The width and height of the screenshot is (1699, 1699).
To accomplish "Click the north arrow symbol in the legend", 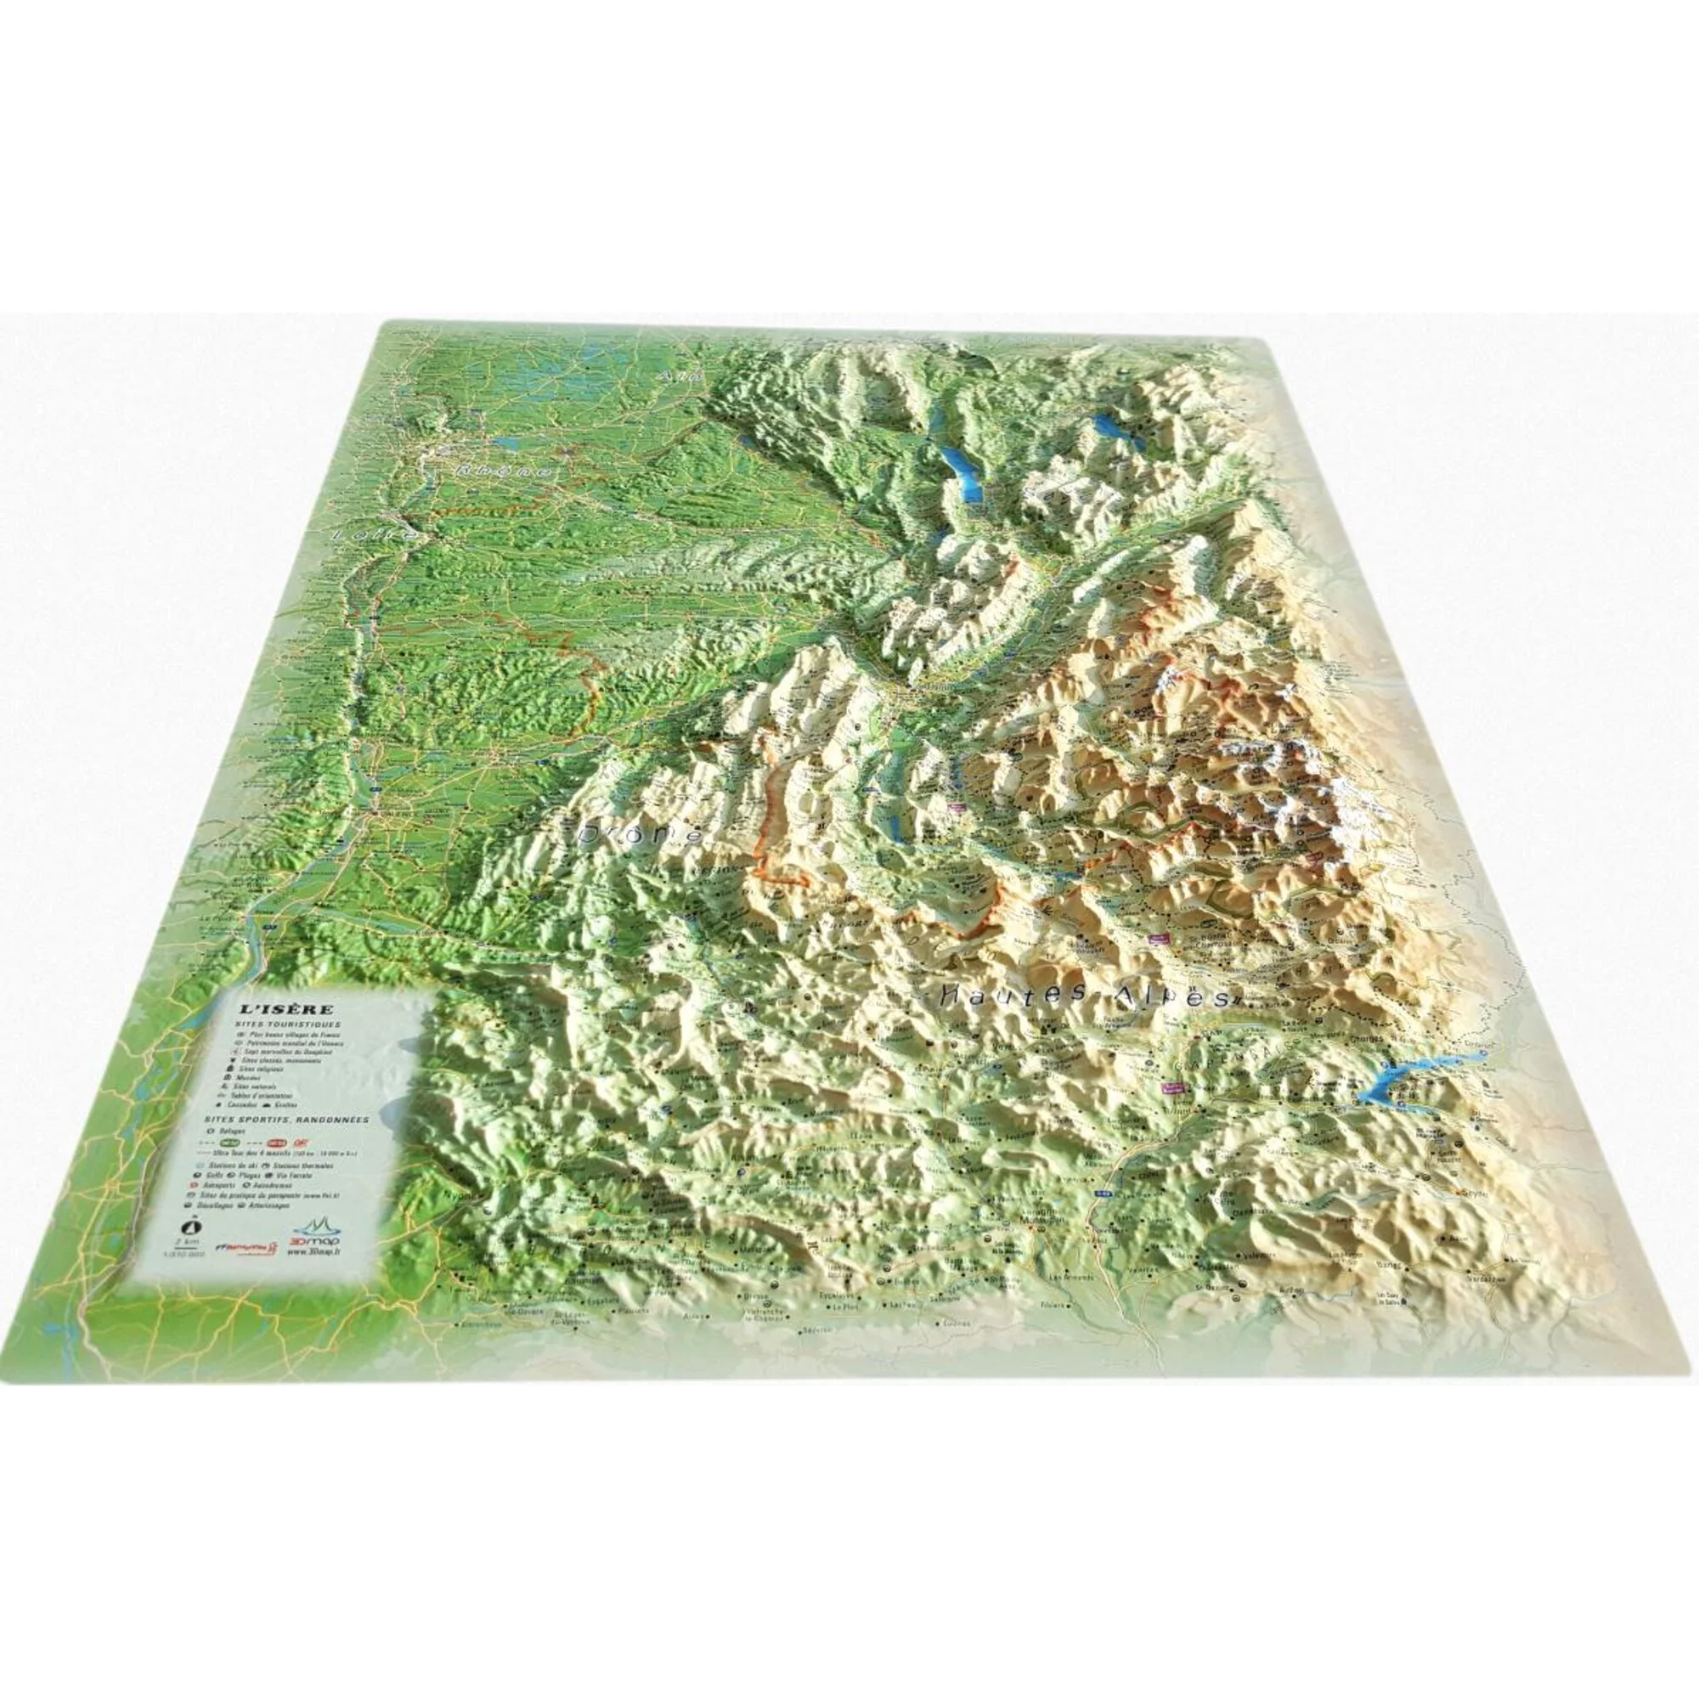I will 186,1225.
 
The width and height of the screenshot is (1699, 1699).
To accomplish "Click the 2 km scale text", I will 186,1243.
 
